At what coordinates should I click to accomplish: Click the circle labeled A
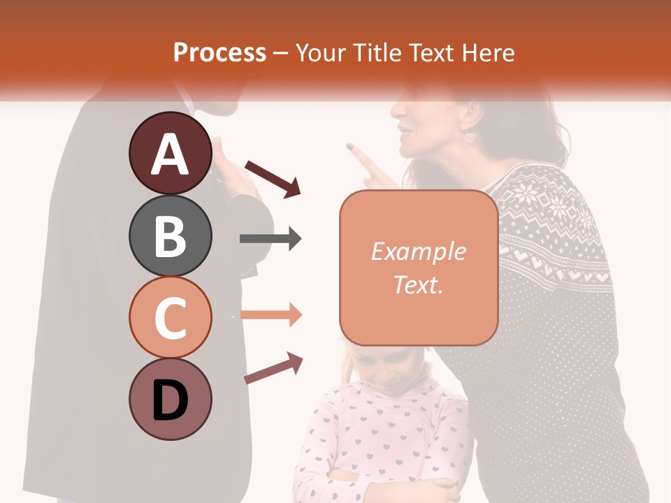(170, 154)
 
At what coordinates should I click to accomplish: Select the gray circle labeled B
(170, 235)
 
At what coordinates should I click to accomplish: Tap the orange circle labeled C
(170, 317)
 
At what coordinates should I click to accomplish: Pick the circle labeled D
(170, 399)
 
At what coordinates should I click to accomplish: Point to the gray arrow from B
(270, 239)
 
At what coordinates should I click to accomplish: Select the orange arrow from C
(270, 314)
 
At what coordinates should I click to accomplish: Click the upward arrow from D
(273, 368)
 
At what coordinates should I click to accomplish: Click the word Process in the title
(219, 52)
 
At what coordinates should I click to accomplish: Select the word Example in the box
(418, 251)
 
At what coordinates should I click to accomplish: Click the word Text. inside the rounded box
(418, 284)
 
